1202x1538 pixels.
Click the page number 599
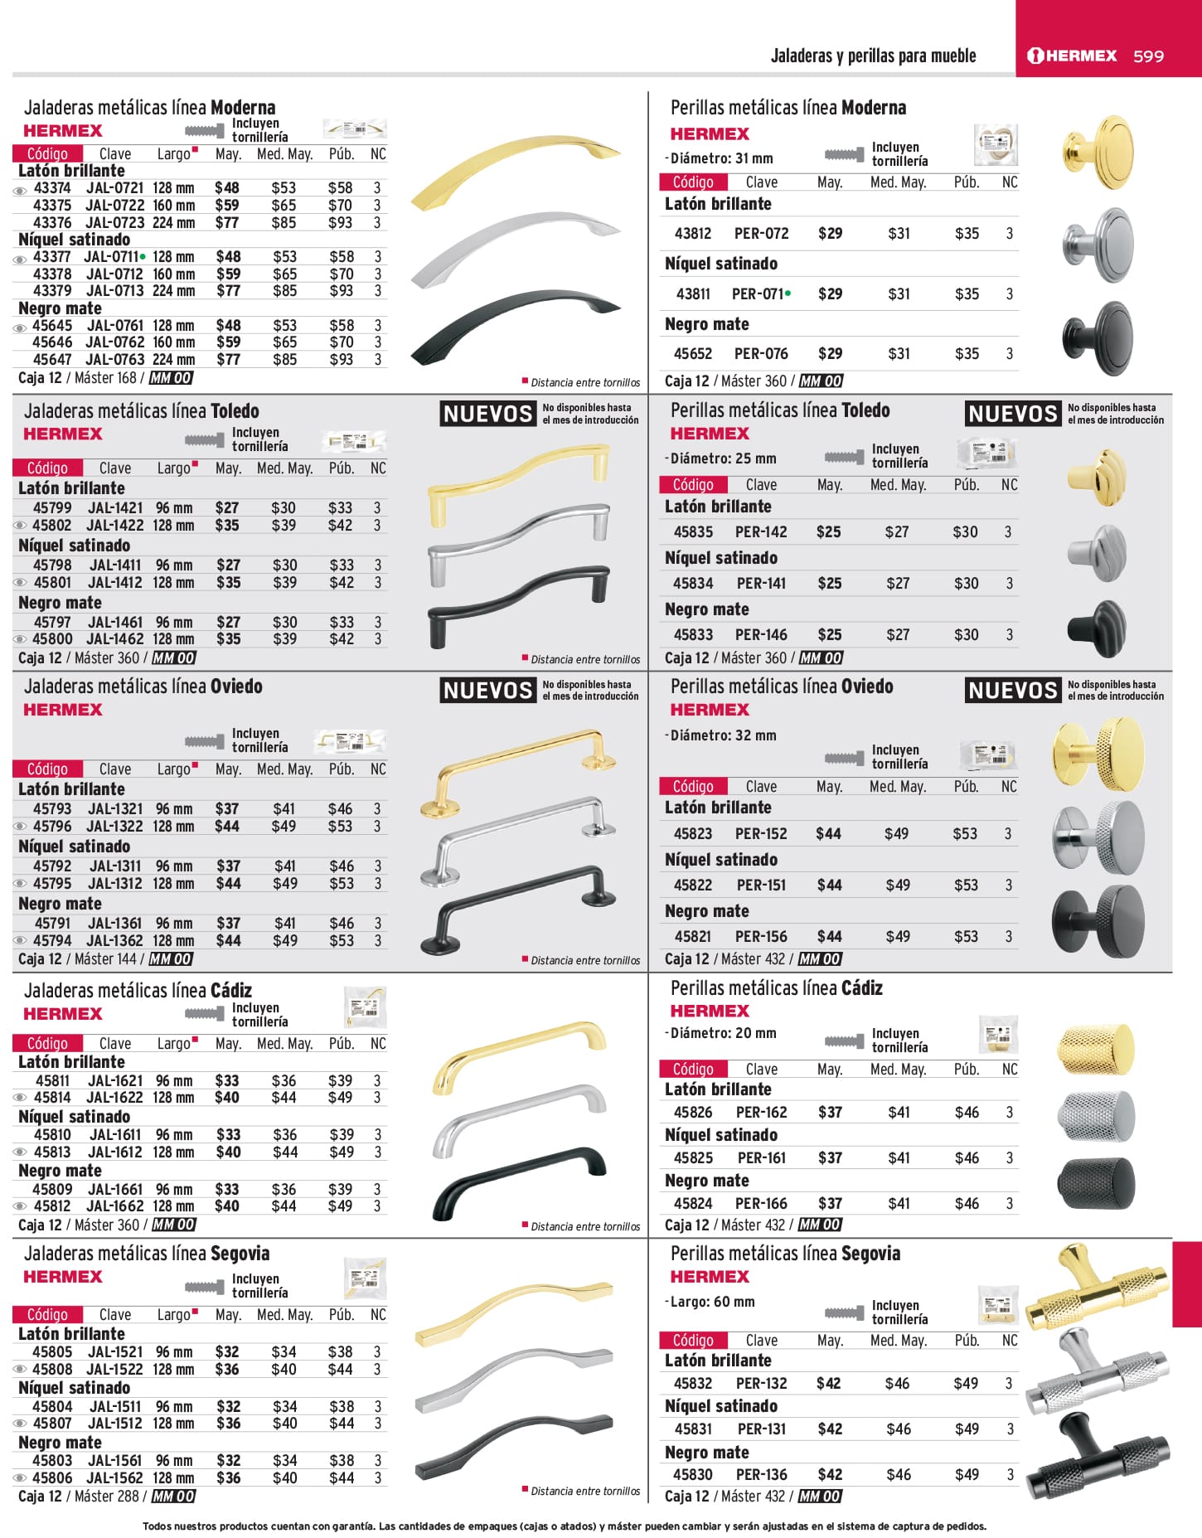(x=1148, y=56)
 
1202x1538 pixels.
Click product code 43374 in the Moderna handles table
(x=52, y=188)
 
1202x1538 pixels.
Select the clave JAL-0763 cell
(x=115, y=360)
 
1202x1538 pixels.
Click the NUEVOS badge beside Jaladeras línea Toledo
(x=487, y=414)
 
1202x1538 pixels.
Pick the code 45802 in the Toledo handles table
(x=51, y=526)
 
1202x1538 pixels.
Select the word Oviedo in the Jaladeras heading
(x=236, y=687)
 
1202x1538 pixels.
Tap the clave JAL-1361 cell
(x=115, y=924)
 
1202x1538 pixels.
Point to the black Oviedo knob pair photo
(x=1098, y=919)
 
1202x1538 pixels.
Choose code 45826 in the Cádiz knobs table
(x=693, y=1113)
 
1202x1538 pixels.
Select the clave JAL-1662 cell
(x=115, y=1206)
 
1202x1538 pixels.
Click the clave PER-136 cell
(x=762, y=1475)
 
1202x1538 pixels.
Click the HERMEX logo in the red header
(x=1073, y=56)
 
